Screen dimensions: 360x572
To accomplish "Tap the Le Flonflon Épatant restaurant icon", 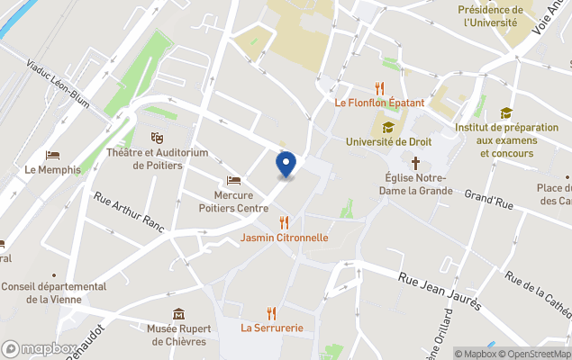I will (x=379, y=88).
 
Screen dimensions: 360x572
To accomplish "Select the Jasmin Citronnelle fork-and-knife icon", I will (x=285, y=222).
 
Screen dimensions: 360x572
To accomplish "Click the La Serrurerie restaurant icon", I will (x=271, y=312).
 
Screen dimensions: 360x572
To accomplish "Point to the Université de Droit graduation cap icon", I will (x=388, y=127).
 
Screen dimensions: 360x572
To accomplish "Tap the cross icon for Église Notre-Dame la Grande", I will (x=416, y=163).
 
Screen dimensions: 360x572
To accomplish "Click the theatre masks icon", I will (x=158, y=138).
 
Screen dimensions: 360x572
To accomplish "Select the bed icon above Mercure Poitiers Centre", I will (x=234, y=181).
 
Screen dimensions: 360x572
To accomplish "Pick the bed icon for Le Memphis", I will (x=52, y=155).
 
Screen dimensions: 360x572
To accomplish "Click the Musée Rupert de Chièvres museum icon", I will (x=178, y=314).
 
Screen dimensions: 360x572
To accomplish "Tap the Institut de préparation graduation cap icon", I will (x=506, y=113).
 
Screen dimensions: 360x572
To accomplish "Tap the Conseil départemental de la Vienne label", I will (x=53, y=292).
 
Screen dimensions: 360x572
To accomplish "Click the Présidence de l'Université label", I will (x=491, y=16).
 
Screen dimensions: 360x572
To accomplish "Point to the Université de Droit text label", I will (x=388, y=142).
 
